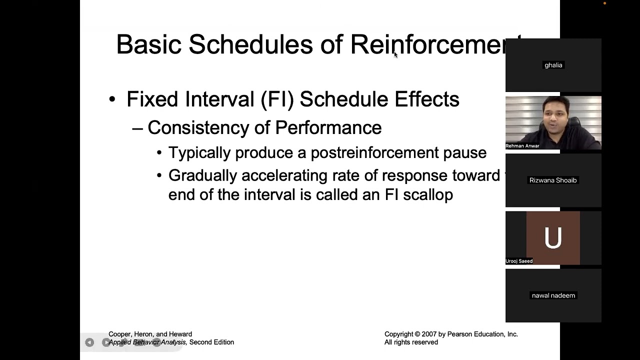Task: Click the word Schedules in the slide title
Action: (x=251, y=44)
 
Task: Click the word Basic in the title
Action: (x=148, y=44)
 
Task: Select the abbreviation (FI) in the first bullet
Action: (x=277, y=99)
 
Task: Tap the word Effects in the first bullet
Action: (x=426, y=99)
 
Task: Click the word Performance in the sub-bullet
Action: (x=328, y=128)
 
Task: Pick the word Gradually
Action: (x=202, y=175)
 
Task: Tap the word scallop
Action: (x=428, y=194)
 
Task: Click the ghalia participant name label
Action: (x=553, y=65)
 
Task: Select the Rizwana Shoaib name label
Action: (x=553, y=180)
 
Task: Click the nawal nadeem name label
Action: (x=553, y=295)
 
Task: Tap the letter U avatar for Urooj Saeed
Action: (x=553, y=238)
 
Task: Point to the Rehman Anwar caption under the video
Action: (x=522, y=146)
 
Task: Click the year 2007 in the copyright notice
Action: (x=429, y=334)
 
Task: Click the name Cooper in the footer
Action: (x=120, y=334)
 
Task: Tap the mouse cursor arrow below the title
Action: (x=395, y=55)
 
